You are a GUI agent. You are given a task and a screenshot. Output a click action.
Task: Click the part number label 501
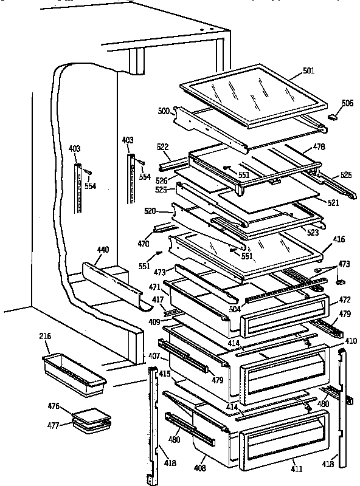point(308,70)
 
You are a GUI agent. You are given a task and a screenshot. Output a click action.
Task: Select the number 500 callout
point(163,112)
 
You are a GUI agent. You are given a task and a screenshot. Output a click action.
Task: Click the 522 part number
point(162,148)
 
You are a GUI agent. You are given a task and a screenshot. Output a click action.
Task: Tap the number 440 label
point(103,249)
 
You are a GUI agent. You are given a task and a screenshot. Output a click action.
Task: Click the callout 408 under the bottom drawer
point(200,468)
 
